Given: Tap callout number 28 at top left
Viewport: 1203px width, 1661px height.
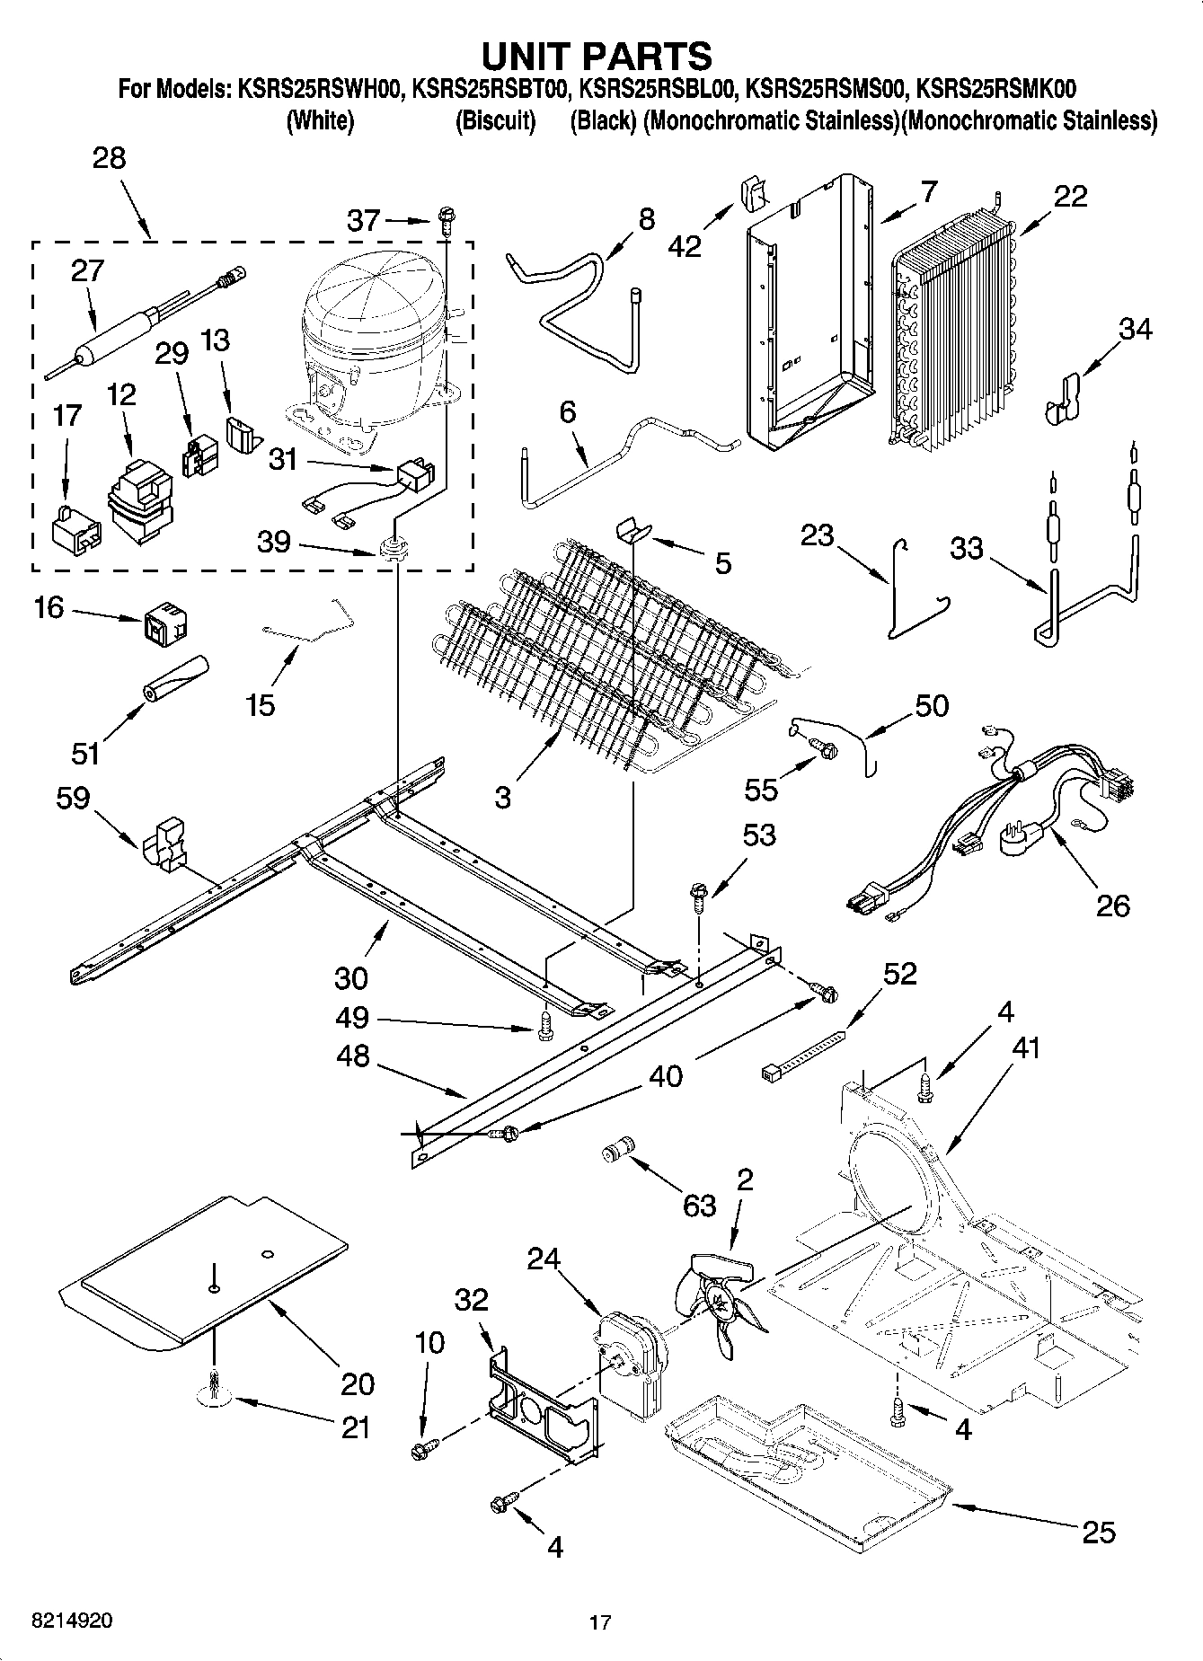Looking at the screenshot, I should pyautogui.click(x=109, y=158).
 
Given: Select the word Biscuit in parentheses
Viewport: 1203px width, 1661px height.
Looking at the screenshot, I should pyautogui.click(x=495, y=120).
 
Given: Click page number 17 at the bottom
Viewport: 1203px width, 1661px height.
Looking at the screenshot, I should pyautogui.click(x=600, y=1622).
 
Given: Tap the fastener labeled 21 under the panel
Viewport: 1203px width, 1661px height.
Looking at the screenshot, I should pyautogui.click(x=215, y=1389).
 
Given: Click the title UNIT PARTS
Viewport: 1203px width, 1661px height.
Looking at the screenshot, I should pyautogui.click(x=597, y=56).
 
